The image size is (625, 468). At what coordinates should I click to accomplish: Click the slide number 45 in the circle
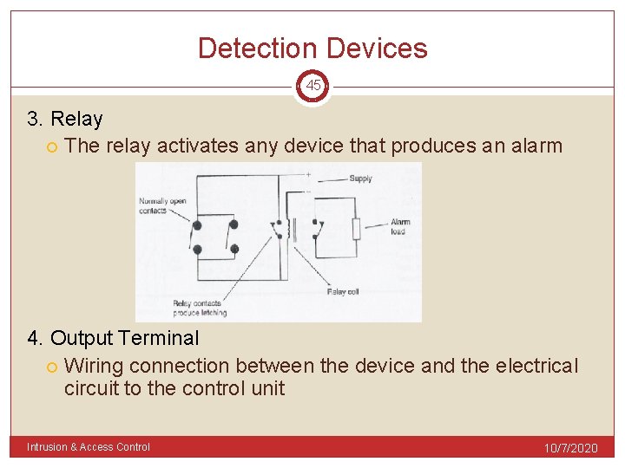pos(312,86)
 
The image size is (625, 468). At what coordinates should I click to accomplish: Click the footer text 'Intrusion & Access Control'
pos(89,447)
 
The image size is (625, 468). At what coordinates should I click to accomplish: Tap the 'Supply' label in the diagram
pos(360,179)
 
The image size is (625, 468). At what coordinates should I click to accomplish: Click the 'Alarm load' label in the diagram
pos(400,226)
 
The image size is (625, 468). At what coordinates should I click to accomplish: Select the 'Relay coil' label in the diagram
pos(342,292)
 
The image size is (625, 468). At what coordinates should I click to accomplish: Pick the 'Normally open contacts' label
pos(161,206)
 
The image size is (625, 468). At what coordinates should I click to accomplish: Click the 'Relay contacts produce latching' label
pos(199,308)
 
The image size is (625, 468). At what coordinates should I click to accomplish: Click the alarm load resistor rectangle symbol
pos(355,230)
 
